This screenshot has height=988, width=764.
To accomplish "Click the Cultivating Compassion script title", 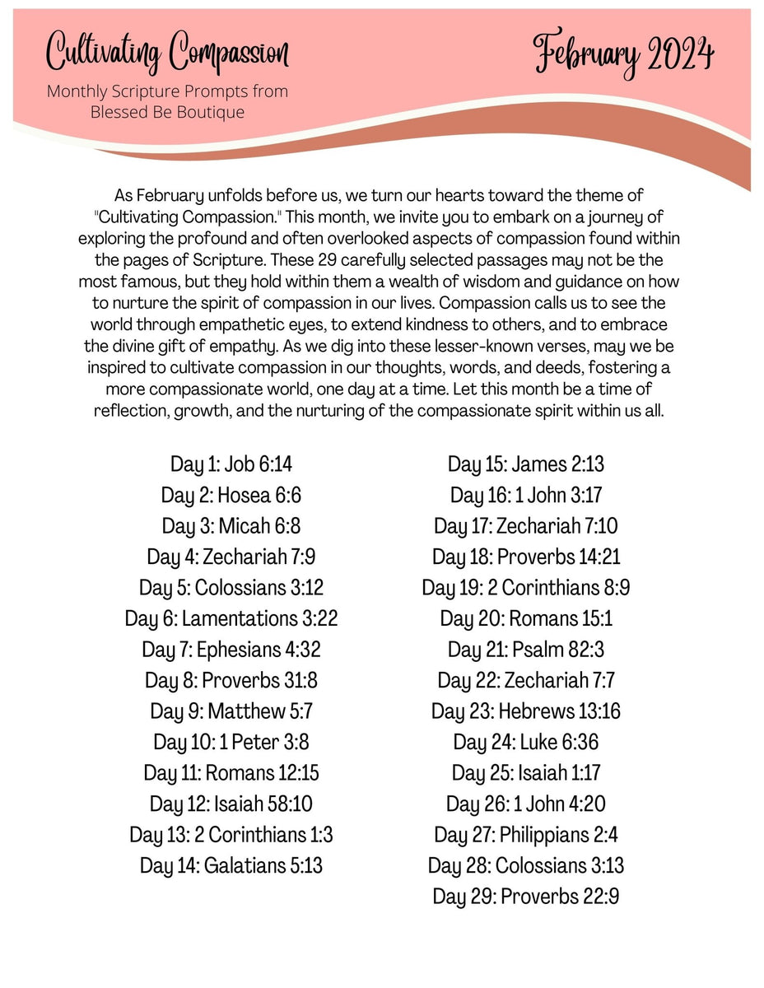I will coord(168,53).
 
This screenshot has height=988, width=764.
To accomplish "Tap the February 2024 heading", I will coord(624,54).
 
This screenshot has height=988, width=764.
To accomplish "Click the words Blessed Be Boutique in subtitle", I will coord(167,112).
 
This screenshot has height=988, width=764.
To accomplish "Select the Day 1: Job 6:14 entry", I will coord(231,464).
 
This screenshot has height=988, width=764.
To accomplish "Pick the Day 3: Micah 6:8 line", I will coord(231,526).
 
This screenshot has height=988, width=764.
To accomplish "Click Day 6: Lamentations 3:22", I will coord(231,618).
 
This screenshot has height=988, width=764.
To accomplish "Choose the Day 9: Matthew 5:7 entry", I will coord(231,711).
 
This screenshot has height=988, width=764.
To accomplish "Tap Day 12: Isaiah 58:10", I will coord(231,804).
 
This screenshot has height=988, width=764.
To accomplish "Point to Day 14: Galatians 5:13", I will coord(231,865).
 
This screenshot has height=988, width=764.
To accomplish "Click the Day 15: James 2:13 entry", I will coord(526,464).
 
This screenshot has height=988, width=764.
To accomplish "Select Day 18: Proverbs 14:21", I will coord(526,557).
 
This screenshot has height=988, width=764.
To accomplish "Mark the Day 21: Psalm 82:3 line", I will coord(526,650).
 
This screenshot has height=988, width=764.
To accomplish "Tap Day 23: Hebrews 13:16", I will coord(526,711).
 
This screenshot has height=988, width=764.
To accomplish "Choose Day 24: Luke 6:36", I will coord(526,742).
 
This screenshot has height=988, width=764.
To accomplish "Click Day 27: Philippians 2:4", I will coord(526,835).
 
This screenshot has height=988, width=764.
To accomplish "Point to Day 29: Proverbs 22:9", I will coord(526,897).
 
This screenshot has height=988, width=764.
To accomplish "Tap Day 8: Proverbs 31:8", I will coord(231,680).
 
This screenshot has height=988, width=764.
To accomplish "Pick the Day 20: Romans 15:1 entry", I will coord(526,618).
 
